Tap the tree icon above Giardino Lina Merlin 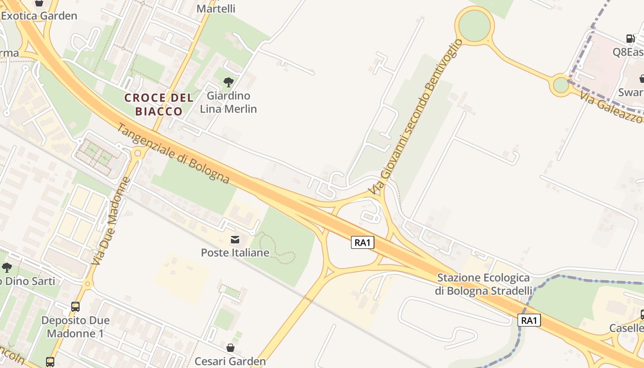228,82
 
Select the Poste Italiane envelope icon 235,239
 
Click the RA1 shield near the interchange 362,242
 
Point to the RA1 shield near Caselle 529,320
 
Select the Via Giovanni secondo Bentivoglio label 415,116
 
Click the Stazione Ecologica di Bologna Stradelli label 483,284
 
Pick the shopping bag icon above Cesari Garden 230,348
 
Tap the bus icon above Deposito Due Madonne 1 75,306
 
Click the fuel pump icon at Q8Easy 630,39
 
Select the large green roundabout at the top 474,25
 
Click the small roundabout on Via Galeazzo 561,85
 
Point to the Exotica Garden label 39,16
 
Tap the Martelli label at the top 216,8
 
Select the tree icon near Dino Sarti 6,267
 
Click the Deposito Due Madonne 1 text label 75,327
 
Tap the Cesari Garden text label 230,361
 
